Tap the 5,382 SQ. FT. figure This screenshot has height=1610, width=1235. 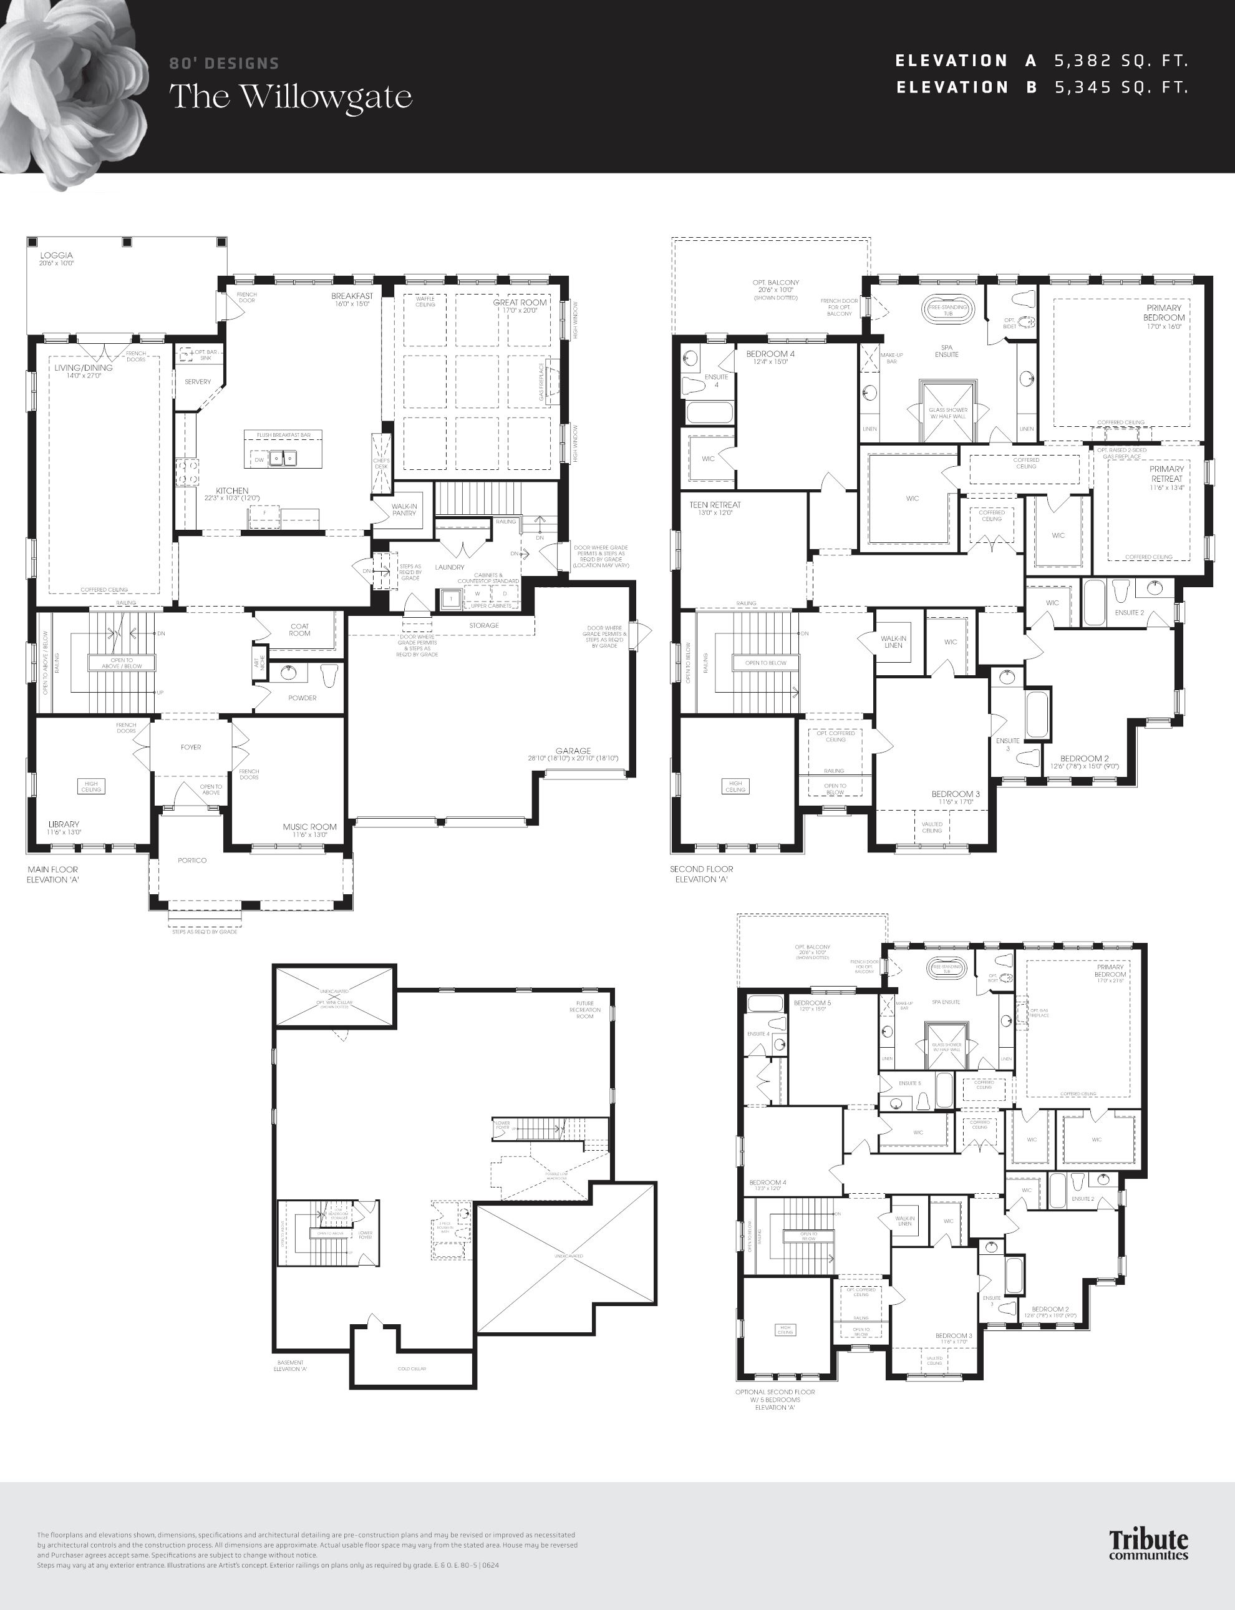(1121, 61)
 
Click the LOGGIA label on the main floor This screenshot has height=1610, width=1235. (57, 255)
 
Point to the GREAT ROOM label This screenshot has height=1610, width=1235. (520, 302)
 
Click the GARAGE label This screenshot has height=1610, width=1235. (573, 751)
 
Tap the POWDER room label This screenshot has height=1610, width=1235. (302, 697)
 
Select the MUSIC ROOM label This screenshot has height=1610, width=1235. (309, 827)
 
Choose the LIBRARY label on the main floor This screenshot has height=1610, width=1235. (64, 824)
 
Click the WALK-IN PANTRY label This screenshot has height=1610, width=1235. (404, 510)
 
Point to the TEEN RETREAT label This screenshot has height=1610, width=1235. (715, 505)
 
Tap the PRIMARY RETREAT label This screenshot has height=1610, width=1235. (1166, 474)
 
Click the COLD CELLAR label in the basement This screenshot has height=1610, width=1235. (412, 1368)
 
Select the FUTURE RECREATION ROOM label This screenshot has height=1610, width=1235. (585, 1010)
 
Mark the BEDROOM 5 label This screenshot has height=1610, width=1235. (812, 1002)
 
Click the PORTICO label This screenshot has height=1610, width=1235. (192, 860)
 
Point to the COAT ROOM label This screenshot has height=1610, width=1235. (299, 630)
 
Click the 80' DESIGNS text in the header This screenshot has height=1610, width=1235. (224, 63)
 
